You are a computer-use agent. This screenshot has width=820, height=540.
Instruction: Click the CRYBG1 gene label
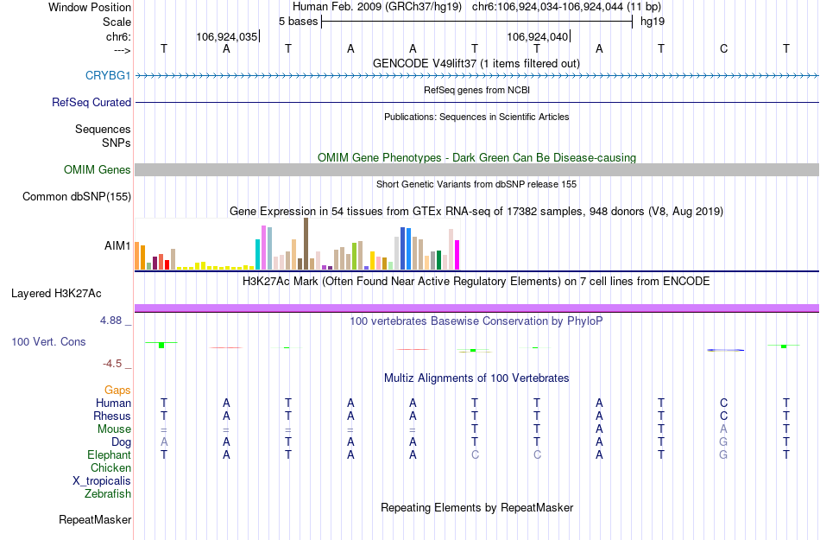pos(108,76)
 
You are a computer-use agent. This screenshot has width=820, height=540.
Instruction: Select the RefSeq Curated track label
pos(91,102)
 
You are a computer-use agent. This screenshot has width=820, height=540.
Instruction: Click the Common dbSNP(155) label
pos(77,197)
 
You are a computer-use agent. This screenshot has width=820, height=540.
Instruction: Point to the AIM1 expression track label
pos(117,245)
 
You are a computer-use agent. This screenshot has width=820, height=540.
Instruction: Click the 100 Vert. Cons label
pos(48,342)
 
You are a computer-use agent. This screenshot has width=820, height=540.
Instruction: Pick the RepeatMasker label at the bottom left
pos(95,520)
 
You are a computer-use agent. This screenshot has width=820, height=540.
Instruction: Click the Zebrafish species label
pos(108,494)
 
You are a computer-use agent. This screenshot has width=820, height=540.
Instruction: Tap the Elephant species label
pos(109,455)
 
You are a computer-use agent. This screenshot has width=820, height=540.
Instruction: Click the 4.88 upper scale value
pos(116,321)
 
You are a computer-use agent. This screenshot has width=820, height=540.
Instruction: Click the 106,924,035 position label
pos(226,37)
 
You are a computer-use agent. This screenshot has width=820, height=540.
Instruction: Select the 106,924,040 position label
pos(538,37)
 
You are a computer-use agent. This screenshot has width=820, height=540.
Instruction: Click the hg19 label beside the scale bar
pos(652,21)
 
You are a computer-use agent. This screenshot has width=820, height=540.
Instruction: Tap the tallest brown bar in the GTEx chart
pos(306,244)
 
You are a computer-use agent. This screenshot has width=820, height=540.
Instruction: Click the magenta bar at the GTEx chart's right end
pos(457,255)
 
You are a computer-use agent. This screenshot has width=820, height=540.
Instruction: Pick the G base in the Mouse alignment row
pos(723,429)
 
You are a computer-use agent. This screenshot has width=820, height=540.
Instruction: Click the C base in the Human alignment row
pos(723,403)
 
